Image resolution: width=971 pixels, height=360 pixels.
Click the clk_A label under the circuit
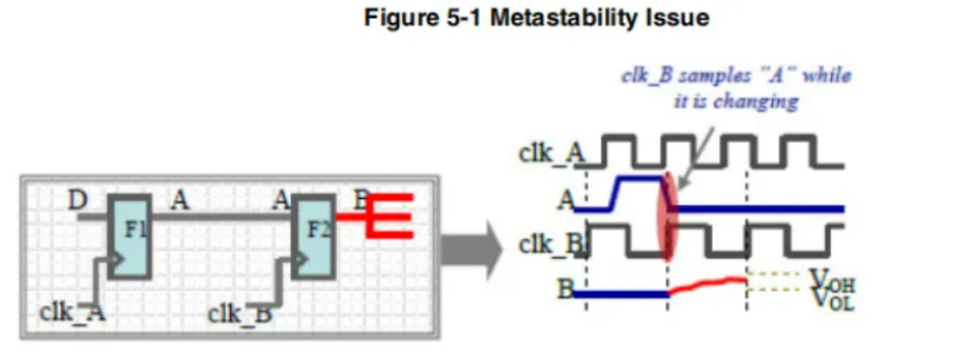[x=73, y=312]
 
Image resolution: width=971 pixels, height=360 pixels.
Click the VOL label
[x=831, y=301]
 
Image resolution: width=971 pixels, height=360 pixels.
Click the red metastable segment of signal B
[x=707, y=284]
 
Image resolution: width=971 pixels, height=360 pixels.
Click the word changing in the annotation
[x=756, y=102]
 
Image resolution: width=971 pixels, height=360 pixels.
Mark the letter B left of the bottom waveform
[x=566, y=289]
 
